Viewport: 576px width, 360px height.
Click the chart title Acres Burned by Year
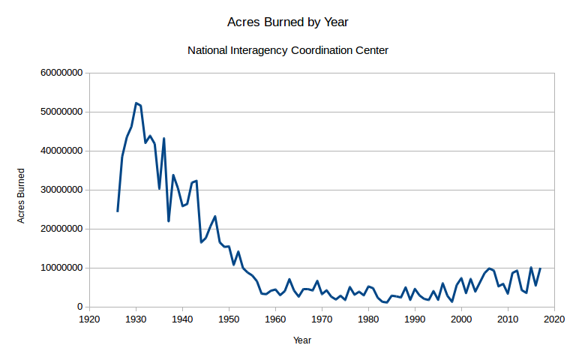[287, 22]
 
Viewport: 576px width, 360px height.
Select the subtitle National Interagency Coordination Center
[287, 50]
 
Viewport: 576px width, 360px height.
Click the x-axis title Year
[302, 340]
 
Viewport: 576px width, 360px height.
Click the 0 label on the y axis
[79, 307]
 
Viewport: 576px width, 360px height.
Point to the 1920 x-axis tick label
[89, 319]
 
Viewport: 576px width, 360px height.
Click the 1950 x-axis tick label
[229, 319]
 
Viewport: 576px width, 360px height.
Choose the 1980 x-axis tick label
[368, 319]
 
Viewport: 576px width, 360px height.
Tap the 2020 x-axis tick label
[554, 319]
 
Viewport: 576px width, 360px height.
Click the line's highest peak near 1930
[136, 103]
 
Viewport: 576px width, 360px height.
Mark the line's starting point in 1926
[117, 211]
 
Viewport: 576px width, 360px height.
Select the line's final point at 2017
[540, 268]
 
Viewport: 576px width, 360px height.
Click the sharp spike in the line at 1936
[163, 138]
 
